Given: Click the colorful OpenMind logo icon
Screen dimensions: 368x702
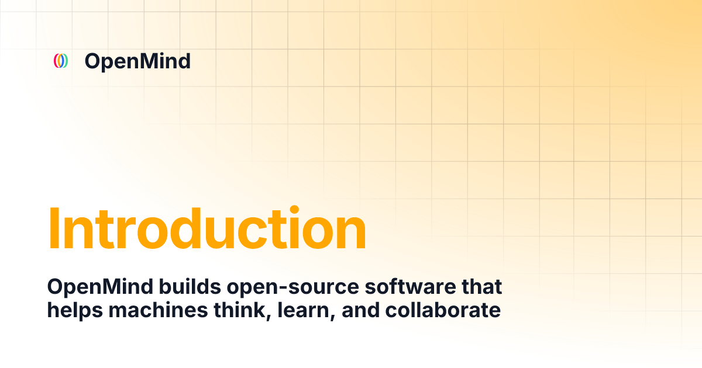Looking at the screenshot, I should tap(61, 61).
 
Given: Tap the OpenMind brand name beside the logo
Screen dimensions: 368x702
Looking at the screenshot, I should tap(137, 61).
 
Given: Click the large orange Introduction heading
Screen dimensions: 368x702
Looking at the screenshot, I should tap(207, 228).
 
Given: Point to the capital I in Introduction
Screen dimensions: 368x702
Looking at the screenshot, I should tap(54, 228).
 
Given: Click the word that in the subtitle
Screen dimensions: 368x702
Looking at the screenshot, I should tap(480, 287).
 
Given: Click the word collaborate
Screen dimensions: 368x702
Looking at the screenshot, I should tap(443, 310).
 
